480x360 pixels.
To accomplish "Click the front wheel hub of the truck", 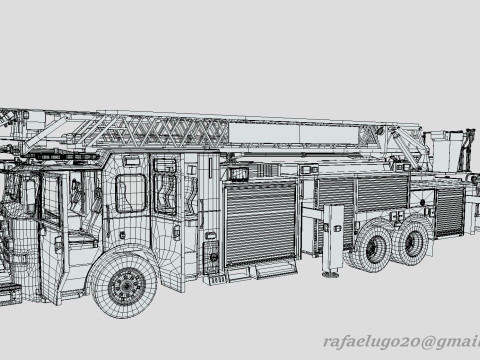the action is [127, 286].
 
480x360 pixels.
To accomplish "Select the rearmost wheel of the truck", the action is [412, 240].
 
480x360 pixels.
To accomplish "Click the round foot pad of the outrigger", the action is [330, 274].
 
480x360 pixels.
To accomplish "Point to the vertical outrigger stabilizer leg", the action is [332, 239].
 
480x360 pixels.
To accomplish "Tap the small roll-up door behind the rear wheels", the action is [450, 211].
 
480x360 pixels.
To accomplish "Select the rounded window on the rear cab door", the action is [131, 193].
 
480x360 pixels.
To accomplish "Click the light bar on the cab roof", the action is [63, 156].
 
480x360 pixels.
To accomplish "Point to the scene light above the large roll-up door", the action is [239, 174].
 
